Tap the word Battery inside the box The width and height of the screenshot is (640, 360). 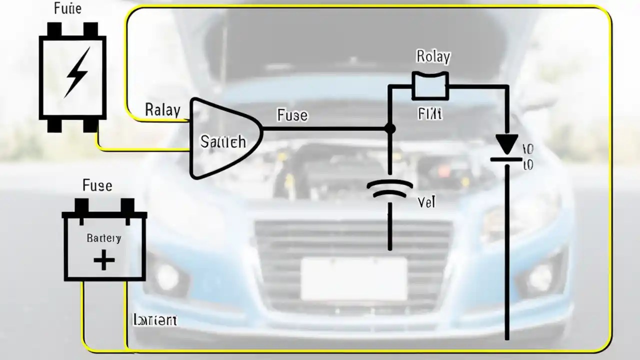pyautogui.click(x=103, y=238)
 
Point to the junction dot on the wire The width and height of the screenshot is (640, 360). pyautogui.click(x=390, y=129)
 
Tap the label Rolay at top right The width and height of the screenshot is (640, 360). pyautogui.click(x=433, y=57)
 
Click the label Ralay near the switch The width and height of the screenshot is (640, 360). pyautogui.click(x=162, y=109)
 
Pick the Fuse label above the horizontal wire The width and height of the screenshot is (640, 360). pyautogui.click(x=292, y=115)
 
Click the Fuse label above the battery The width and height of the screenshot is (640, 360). pyautogui.click(x=97, y=186)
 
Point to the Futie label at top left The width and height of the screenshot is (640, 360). pyautogui.click(x=67, y=9)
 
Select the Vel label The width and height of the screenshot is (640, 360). pyautogui.click(x=426, y=202)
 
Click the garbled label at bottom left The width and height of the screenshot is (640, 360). pyautogui.click(x=154, y=320)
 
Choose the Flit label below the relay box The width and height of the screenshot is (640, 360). pyautogui.click(x=430, y=114)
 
